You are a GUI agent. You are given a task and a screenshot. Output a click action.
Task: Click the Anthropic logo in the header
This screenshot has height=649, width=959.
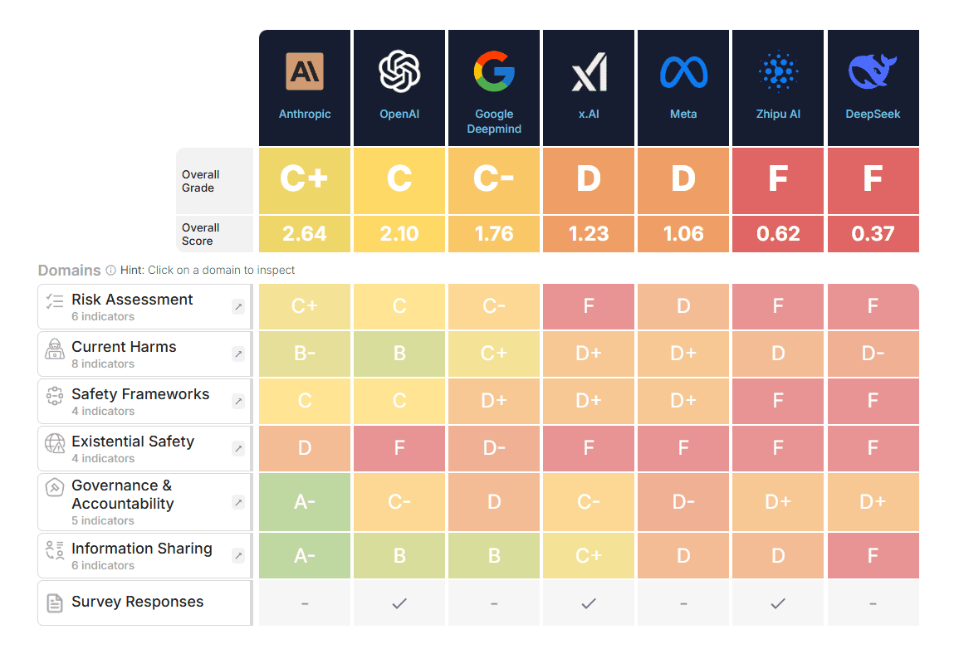305,71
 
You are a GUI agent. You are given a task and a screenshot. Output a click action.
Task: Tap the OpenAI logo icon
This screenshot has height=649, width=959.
399,71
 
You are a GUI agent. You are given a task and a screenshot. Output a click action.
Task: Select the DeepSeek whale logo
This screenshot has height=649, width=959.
873,71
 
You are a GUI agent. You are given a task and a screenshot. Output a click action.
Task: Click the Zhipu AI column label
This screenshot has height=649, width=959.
778,114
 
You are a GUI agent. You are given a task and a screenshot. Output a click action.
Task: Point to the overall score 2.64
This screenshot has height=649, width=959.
305,233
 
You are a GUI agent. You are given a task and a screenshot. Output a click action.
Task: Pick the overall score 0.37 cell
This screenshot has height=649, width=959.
873,233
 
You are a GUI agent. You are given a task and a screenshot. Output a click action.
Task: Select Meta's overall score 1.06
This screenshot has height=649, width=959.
683,233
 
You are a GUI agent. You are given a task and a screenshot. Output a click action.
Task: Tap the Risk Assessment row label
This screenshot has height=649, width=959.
132,300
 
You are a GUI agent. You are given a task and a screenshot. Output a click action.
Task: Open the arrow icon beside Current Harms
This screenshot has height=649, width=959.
238,354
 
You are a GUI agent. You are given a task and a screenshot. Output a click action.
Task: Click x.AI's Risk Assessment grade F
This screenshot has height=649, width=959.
589,306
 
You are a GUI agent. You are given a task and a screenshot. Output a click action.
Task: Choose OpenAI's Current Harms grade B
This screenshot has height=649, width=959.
399,354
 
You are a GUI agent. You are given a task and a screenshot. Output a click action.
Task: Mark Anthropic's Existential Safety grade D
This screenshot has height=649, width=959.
305,448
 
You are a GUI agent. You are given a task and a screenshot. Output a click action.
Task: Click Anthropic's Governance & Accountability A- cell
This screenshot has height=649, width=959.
305,502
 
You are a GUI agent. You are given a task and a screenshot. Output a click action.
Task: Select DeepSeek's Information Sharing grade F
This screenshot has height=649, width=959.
873,555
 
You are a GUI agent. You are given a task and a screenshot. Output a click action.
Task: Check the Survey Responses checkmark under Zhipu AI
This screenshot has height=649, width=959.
778,604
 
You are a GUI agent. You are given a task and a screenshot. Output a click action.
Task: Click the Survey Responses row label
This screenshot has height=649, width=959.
138,602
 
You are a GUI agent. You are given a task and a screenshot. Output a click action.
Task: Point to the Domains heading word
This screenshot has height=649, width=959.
69,270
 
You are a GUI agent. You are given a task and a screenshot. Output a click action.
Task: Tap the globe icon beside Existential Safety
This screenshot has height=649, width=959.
55,443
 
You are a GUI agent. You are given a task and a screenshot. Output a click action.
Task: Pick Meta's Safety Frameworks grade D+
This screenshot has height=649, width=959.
683,401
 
